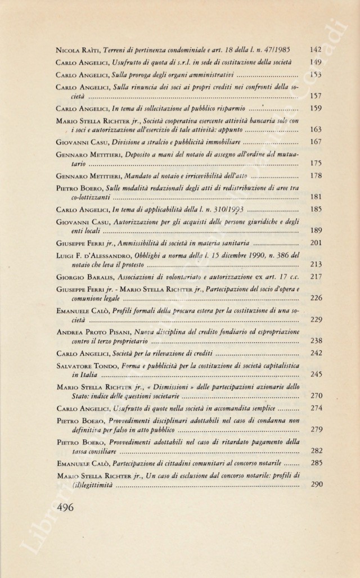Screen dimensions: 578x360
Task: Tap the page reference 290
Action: pyautogui.click(x=316, y=484)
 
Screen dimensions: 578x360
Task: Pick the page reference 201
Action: pyautogui.click(x=316, y=243)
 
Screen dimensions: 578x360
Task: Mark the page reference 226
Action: pyautogui.click(x=316, y=298)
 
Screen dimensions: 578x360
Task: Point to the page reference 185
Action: pyautogui.click(x=316, y=209)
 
